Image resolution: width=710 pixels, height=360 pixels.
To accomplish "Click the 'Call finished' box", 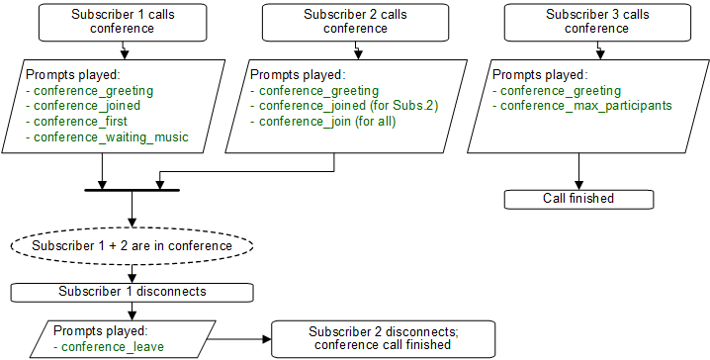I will [x=578, y=199].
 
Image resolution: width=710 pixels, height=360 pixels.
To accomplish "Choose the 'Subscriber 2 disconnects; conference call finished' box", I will [x=379, y=338].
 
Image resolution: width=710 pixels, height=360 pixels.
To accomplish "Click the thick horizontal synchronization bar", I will [x=131, y=188].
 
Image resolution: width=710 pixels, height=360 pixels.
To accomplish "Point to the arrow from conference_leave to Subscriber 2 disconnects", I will [x=237, y=338].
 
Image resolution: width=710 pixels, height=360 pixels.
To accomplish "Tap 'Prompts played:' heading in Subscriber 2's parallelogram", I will [x=298, y=75].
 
